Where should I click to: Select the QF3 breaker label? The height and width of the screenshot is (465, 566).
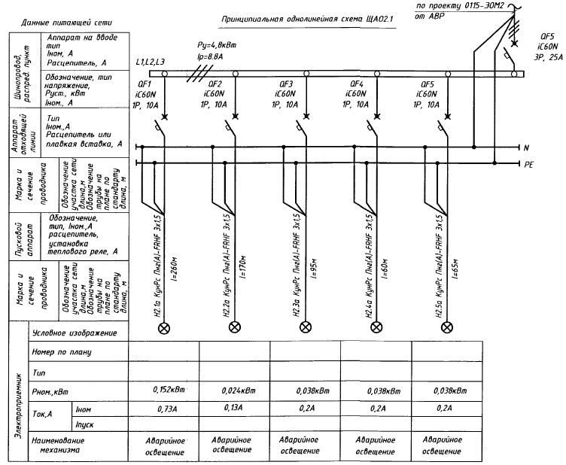[x=287, y=84]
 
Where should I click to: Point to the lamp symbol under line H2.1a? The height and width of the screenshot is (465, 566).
[x=160, y=327]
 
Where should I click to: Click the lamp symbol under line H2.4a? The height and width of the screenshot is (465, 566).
[x=376, y=327]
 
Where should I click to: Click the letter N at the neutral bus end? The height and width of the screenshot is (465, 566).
[x=528, y=147]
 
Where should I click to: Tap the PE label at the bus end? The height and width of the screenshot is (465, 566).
[x=529, y=163]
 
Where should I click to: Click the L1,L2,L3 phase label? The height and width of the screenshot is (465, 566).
[x=151, y=60]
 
